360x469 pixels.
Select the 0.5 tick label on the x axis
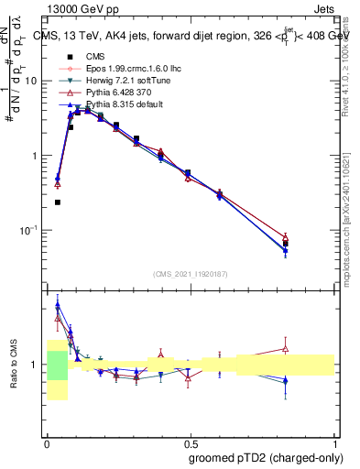(x=190, y=444)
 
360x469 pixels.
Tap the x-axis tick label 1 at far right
(x=334, y=444)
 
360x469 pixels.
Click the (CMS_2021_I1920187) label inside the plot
(x=190, y=273)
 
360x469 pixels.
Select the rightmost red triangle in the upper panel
(x=286, y=237)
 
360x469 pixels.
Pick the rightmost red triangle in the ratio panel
(x=286, y=348)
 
